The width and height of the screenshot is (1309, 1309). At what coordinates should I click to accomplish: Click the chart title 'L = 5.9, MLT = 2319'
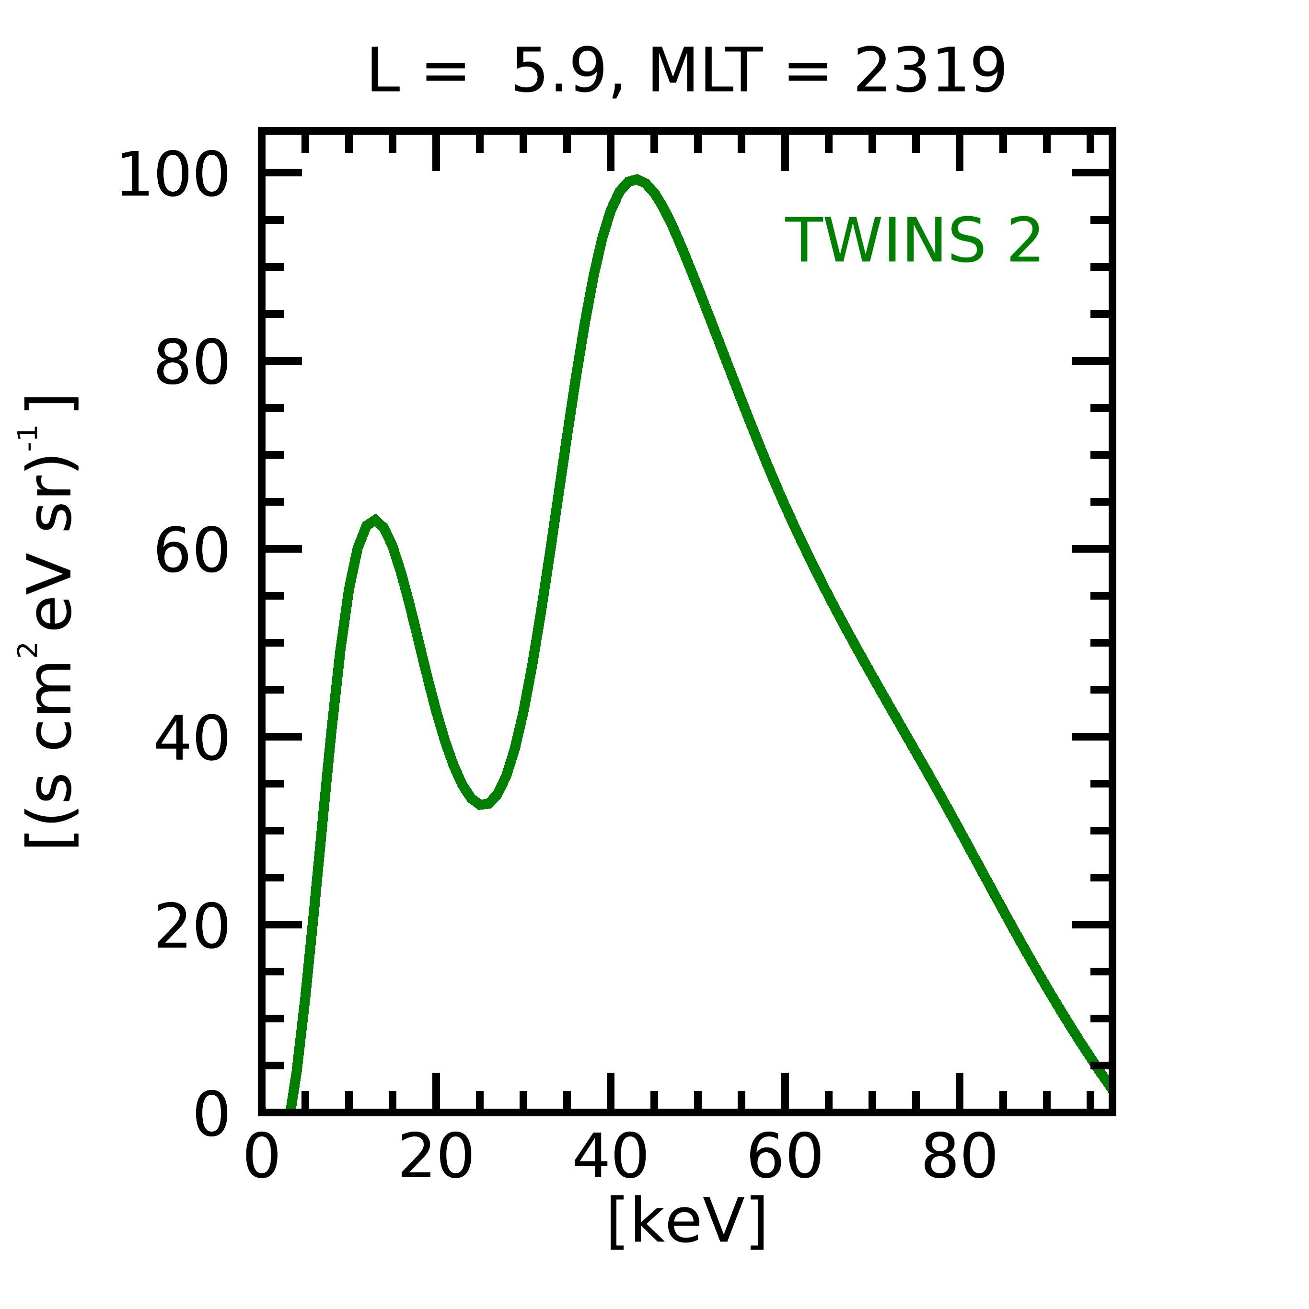click(x=686, y=72)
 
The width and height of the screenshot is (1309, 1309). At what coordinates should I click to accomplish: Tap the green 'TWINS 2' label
click(x=913, y=241)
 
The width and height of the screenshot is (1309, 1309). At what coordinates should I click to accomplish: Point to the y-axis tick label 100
click(x=174, y=175)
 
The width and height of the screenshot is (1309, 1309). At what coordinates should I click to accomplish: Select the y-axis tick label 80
click(x=192, y=364)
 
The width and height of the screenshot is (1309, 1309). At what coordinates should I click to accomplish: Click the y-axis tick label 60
click(x=192, y=552)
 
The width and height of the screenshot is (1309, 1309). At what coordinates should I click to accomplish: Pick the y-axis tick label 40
click(x=192, y=740)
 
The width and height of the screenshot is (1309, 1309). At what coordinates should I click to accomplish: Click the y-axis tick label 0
click(x=211, y=1115)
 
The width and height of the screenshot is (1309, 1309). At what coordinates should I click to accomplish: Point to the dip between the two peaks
click(x=481, y=804)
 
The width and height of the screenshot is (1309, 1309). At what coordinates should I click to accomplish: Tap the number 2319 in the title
click(x=929, y=72)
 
